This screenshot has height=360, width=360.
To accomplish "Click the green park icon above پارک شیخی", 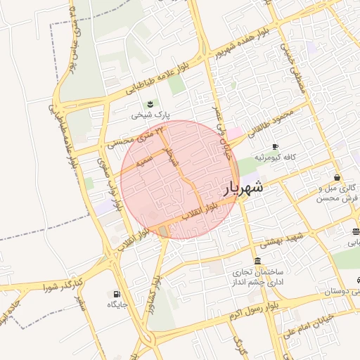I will click(149, 105).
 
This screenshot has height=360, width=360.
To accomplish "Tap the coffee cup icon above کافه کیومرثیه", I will click(285, 146).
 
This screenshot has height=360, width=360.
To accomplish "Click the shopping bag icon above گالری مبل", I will click(338, 177).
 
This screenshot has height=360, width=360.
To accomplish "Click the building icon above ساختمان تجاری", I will click(256, 262).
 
